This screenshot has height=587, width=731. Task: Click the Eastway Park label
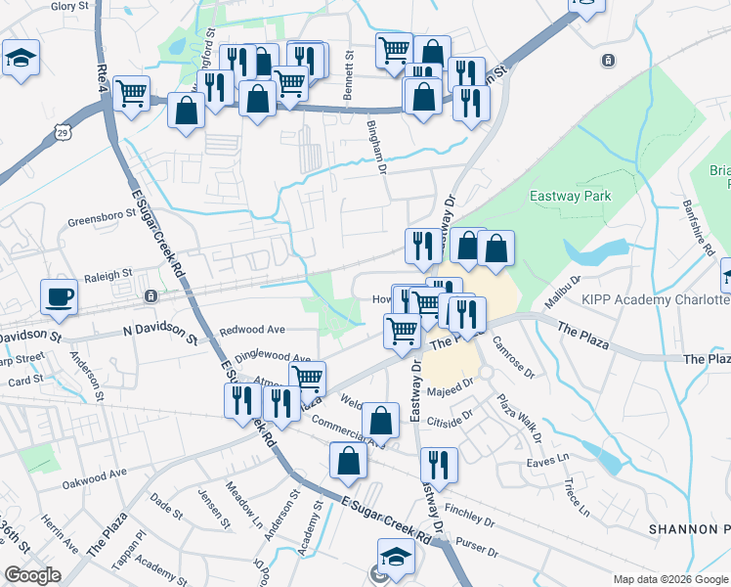point(570,196)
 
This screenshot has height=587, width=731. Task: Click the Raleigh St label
point(107,277)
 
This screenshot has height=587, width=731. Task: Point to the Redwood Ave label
point(251,330)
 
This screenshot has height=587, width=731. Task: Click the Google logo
point(32,576)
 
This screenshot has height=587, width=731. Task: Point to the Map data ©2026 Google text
point(669,579)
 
